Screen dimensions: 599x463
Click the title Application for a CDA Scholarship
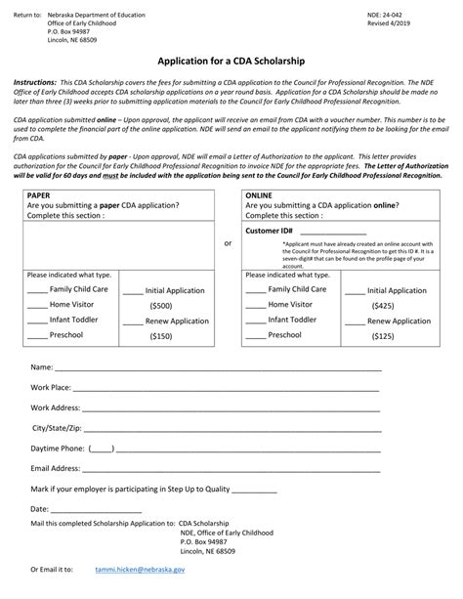pyautogui.click(x=231, y=60)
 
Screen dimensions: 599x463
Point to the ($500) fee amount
pyautogui.click(x=160, y=306)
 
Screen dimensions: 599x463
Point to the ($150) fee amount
pyautogui.click(x=160, y=336)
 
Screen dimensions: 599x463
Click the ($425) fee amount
pyautogui.click(x=382, y=306)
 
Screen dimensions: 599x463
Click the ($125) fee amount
pyautogui.click(x=382, y=336)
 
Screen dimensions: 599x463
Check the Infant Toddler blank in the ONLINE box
pyautogui.click(x=255, y=320)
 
